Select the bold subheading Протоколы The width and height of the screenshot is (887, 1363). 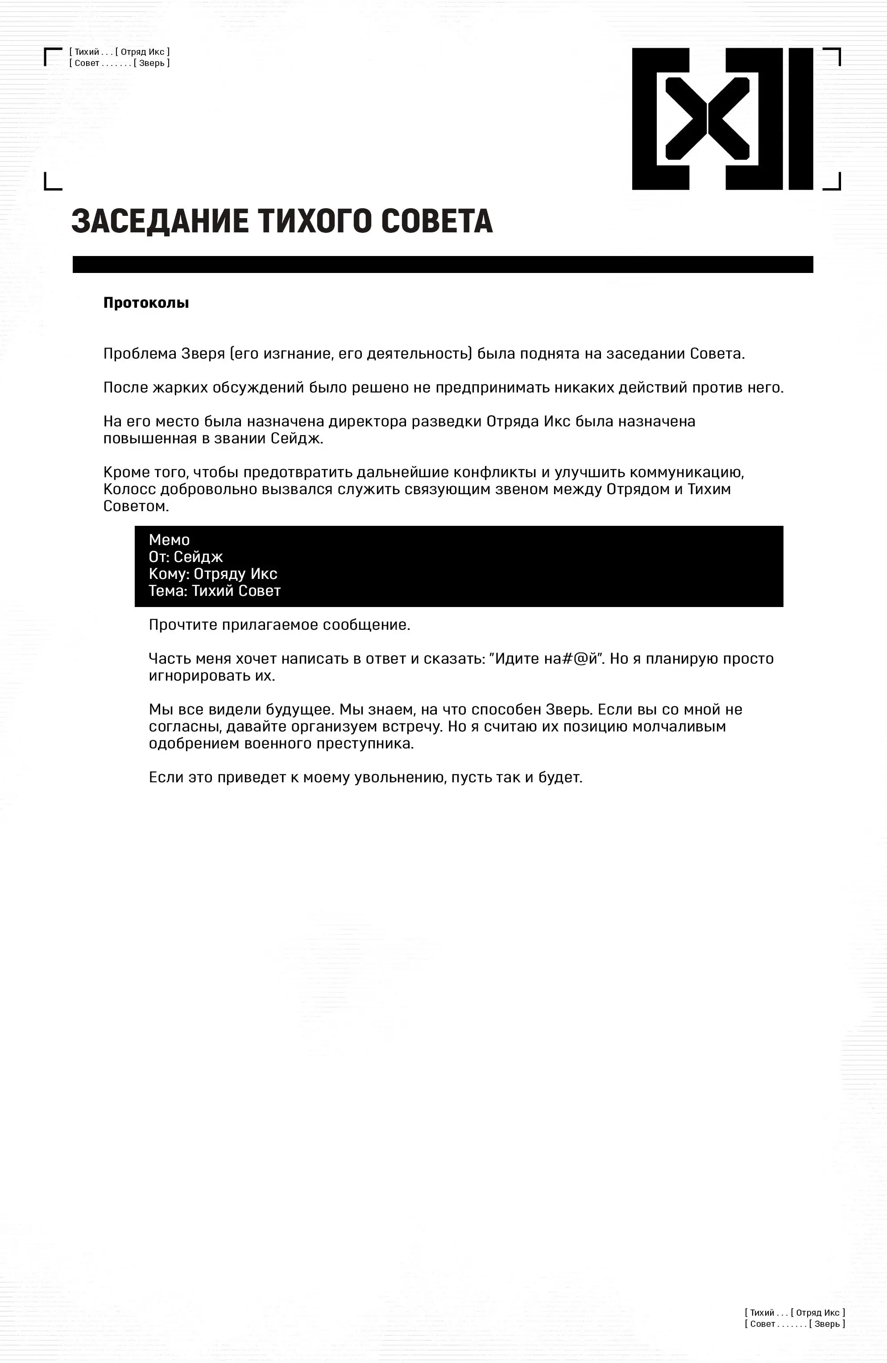[x=146, y=303]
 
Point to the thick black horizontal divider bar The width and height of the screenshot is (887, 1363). [x=442, y=264]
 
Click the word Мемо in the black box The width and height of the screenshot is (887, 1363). [x=169, y=540]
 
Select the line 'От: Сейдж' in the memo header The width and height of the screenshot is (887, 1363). [x=186, y=557]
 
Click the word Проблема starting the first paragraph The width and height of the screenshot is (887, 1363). [x=140, y=354]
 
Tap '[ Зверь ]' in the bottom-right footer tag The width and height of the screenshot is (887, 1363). [x=827, y=1323]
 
